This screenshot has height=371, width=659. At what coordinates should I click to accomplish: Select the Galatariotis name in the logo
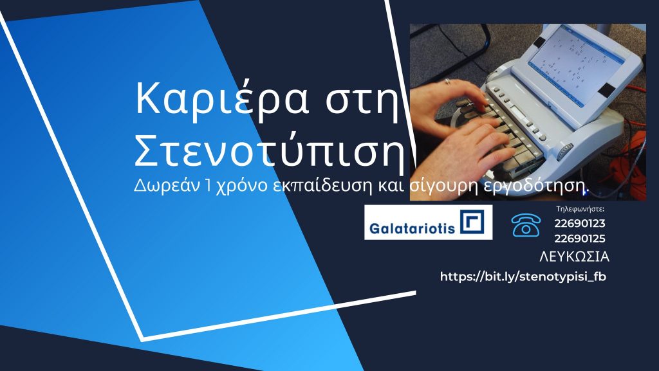coord(412,228)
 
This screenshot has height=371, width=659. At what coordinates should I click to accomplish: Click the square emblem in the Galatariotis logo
coord(472,221)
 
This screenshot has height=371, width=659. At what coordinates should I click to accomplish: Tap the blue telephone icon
coord(526,226)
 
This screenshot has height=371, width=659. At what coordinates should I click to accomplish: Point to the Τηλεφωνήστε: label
coord(580,208)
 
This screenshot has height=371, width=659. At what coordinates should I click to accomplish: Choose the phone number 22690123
coord(580,223)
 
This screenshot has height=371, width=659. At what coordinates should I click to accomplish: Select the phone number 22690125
coord(580,239)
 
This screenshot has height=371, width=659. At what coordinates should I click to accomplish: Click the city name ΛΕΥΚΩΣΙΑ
coord(574,257)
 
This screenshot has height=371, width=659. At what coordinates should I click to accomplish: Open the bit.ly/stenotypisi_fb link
coord(523,276)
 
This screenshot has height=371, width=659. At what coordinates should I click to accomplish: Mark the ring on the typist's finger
coord(447,82)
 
